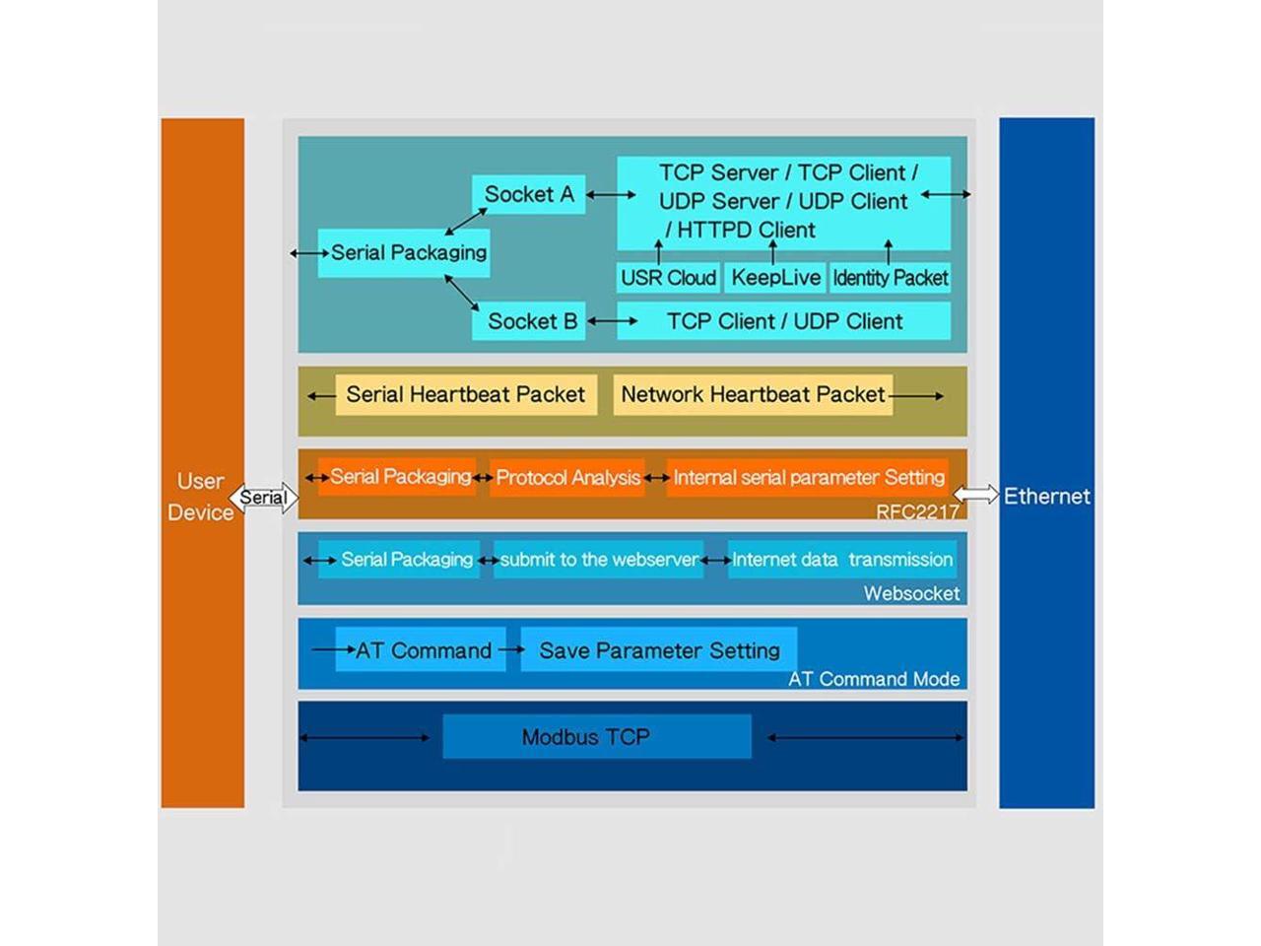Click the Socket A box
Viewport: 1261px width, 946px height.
(528, 194)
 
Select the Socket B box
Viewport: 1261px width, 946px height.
(529, 321)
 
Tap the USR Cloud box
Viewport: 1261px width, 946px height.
(668, 278)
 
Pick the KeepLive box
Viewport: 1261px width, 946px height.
(775, 278)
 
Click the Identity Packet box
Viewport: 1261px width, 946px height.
(891, 278)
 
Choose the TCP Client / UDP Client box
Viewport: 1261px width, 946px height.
(784, 321)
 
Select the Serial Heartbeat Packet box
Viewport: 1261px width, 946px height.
(465, 395)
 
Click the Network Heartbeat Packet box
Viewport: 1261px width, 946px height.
(753, 395)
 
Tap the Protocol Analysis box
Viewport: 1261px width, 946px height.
(567, 478)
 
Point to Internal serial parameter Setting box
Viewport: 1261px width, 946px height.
(808, 478)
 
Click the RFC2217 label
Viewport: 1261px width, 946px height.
(917, 511)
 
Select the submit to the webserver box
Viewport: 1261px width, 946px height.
(599, 560)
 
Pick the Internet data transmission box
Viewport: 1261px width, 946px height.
(841, 560)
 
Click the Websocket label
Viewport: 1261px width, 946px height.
(911, 593)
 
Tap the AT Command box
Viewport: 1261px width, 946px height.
(422, 650)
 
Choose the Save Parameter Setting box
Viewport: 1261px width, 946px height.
(658, 650)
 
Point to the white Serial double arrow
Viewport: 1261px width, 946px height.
(263, 498)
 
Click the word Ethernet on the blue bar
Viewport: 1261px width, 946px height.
(1046, 496)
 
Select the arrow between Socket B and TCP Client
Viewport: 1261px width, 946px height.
(612, 321)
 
